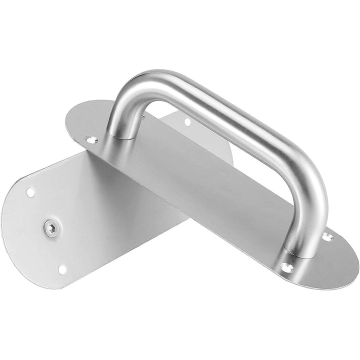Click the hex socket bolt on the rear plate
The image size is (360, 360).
[51, 228]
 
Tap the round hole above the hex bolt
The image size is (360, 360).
[30, 191]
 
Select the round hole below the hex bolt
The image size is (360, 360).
[62, 269]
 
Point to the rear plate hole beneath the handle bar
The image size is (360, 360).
[187, 121]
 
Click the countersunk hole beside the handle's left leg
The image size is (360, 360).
[91, 139]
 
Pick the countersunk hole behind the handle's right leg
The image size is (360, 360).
[327, 236]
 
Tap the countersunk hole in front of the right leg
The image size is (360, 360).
[287, 268]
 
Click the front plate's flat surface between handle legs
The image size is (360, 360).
[210, 190]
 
